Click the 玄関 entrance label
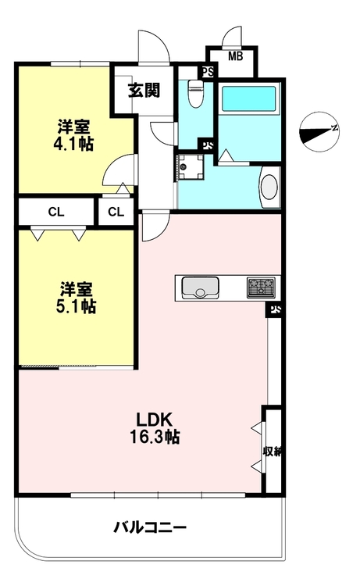(144, 90)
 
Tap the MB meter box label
(235, 56)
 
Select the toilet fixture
(195, 94)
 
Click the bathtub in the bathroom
(248, 98)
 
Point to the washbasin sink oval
(269, 188)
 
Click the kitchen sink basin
(200, 288)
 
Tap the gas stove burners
(261, 288)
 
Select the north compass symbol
(319, 131)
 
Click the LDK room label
(154, 420)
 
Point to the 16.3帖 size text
(155, 437)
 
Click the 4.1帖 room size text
(73, 144)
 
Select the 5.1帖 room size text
(77, 306)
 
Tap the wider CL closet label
(56, 213)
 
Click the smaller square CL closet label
(116, 213)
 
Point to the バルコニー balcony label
(150, 527)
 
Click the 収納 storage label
(272, 452)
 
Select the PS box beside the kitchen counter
(275, 309)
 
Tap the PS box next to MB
(208, 71)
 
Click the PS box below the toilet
(206, 145)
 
